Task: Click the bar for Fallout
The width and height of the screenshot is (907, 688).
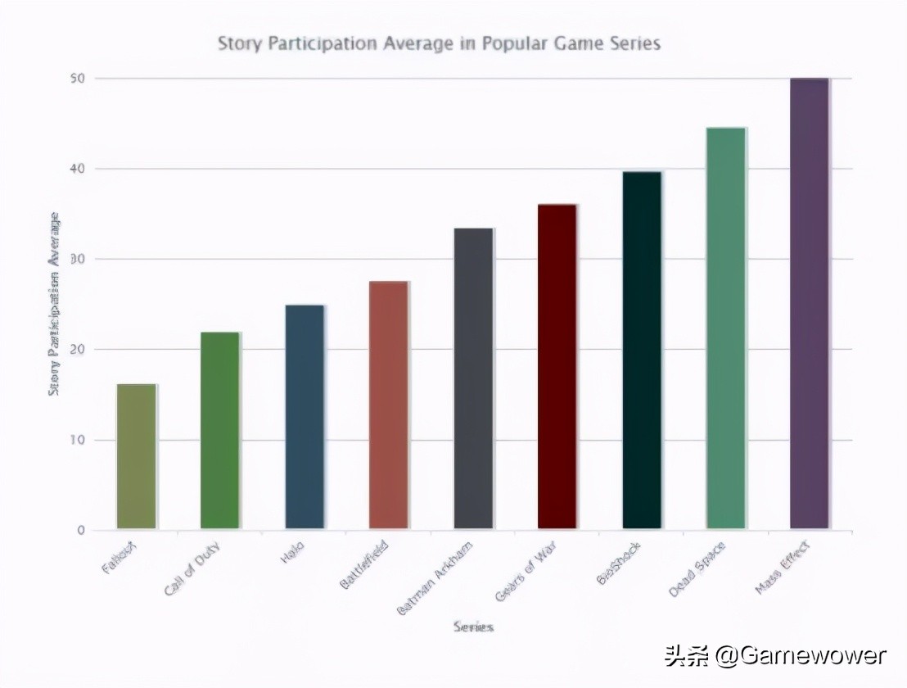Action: [x=136, y=456]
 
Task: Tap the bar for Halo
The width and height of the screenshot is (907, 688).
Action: [x=305, y=417]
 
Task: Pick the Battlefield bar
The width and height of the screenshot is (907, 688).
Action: [x=389, y=405]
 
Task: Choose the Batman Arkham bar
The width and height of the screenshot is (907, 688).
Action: [x=473, y=378]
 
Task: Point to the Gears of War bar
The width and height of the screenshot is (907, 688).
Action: [x=557, y=366]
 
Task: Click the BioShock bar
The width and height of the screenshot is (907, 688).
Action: [x=642, y=350]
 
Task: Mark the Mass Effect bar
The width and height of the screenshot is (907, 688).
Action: [x=810, y=304]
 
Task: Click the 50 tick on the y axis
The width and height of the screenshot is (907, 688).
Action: [x=79, y=79]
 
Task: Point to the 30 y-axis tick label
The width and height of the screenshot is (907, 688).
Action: [x=79, y=260]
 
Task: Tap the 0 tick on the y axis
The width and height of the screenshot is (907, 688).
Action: [x=82, y=531]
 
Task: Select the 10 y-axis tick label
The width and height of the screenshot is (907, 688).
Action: [x=79, y=441]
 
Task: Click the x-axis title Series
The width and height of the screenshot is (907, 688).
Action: [x=473, y=627]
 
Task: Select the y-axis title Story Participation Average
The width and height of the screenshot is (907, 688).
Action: [x=55, y=304]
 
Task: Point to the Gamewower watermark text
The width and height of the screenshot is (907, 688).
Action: [x=800, y=656]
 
